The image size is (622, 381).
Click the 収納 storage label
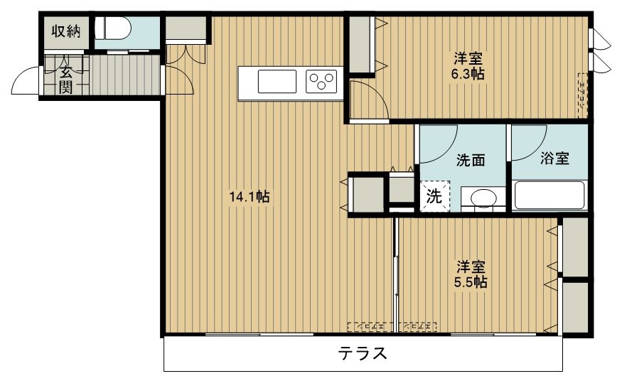(x=64, y=31)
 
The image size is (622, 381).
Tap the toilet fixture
(x=114, y=29)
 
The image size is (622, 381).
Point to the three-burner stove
(x=323, y=81)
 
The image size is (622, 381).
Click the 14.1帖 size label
(x=248, y=197)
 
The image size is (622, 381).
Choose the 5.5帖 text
(x=471, y=274)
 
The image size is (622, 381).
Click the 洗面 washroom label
(x=471, y=160)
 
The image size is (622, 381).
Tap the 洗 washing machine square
(x=434, y=197)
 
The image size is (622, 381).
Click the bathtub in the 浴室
(x=549, y=195)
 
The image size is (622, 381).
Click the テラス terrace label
(x=363, y=353)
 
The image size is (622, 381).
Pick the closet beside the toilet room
(x=185, y=29)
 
